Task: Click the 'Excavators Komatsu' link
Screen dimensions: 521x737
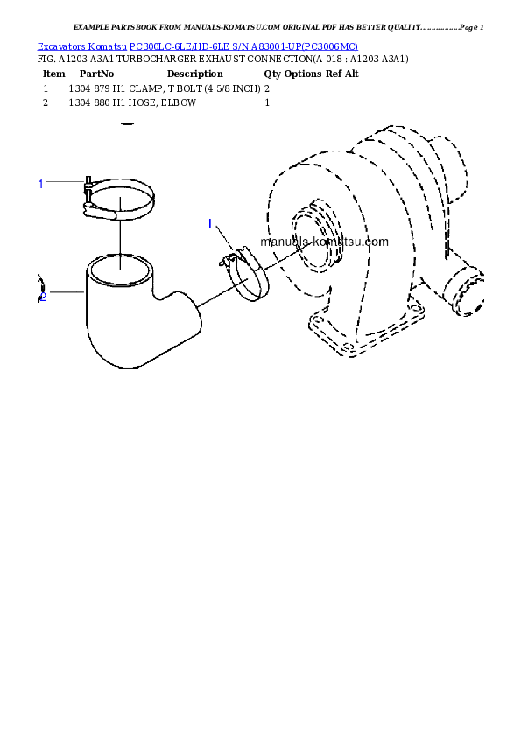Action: tap(81, 46)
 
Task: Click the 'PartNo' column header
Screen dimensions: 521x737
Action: tap(96, 74)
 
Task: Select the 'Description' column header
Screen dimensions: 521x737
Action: tap(194, 74)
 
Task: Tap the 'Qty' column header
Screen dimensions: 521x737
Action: tap(272, 74)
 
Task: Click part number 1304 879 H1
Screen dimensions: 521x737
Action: tap(97, 88)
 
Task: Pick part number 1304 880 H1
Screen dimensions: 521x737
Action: tap(97, 102)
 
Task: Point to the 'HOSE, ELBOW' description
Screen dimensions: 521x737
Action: tap(162, 102)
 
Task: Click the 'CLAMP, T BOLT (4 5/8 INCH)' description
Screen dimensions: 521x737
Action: tap(194, 88)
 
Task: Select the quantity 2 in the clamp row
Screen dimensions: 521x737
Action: tap(267, 88)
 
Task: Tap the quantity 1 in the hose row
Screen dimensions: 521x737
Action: tap(267, 102)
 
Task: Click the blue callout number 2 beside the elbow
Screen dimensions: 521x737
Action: tap(43, 297)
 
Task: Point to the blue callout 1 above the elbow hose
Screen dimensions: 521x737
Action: tap(41, 184)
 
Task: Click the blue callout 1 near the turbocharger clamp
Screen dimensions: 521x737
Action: tap(210, 223)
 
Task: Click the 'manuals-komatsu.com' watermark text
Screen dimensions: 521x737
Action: tap(325, 242)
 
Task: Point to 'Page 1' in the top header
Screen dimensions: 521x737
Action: tap(472, 27)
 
